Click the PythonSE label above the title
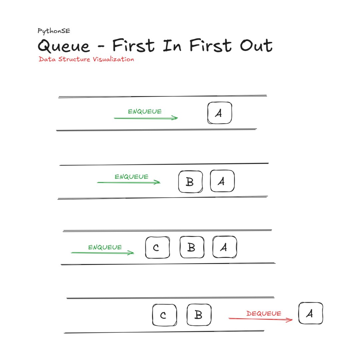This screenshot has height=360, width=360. pyautogui.click(x=54, y=31)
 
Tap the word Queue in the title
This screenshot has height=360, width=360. pyautogui.click(x=64, y=46)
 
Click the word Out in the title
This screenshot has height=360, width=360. pyautogui.click(x=256, y=45)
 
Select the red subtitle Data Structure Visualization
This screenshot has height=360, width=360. pyautogui.click(x=86, y=59)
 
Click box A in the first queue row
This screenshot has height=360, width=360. pyautogui.click(x=220, y=113)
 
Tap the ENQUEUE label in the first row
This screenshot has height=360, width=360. pyautogui.click(x=145, y=112)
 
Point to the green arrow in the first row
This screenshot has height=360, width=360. pyautogui.click(x=146, y=118)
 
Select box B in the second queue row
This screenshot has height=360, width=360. pyautogui.click(x=191, y=182)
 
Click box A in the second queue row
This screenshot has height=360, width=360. pyautogui.click(x=222, y=181)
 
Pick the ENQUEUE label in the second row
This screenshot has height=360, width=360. pyautogui.click(x=132, y=177)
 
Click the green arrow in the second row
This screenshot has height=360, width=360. pyautogui.click(x=129, y=183)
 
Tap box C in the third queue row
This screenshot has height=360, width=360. pyautogui.click(x=157, y=247)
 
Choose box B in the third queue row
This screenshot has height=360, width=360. pyautogui.click(x=192, y=247)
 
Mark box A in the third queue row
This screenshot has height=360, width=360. pyautogui.click(x=225, y=247)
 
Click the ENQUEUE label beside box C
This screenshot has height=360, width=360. pyautogui.click(x=105, y=247)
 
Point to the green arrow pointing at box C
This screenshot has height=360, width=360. pyautogui.click(x=102, y=253)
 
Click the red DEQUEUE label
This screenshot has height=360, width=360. pyautogui.click(x=264, y=313)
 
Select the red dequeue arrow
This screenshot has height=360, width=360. pyautogui.click(x=261, y=319)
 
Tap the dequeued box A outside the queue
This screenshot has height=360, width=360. pyautogui.click(x=311, y=313)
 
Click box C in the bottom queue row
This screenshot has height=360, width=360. pyautogui.click(x=165, y=315)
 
